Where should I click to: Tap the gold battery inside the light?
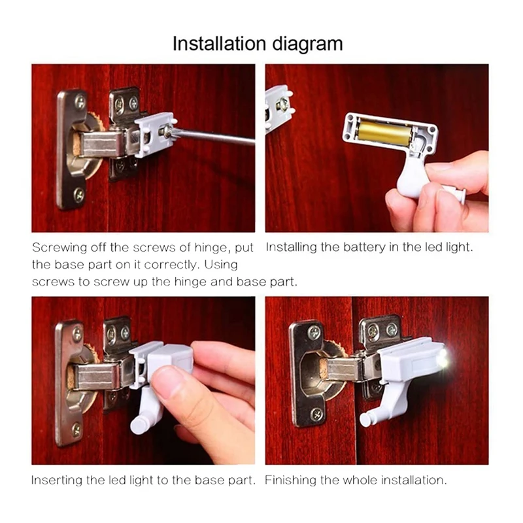384,133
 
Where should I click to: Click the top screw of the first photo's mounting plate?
80,102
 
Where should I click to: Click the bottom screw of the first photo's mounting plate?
79,194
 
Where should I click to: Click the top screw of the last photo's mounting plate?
314,333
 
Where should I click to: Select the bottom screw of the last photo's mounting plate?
316,414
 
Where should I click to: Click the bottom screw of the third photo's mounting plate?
76,430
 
